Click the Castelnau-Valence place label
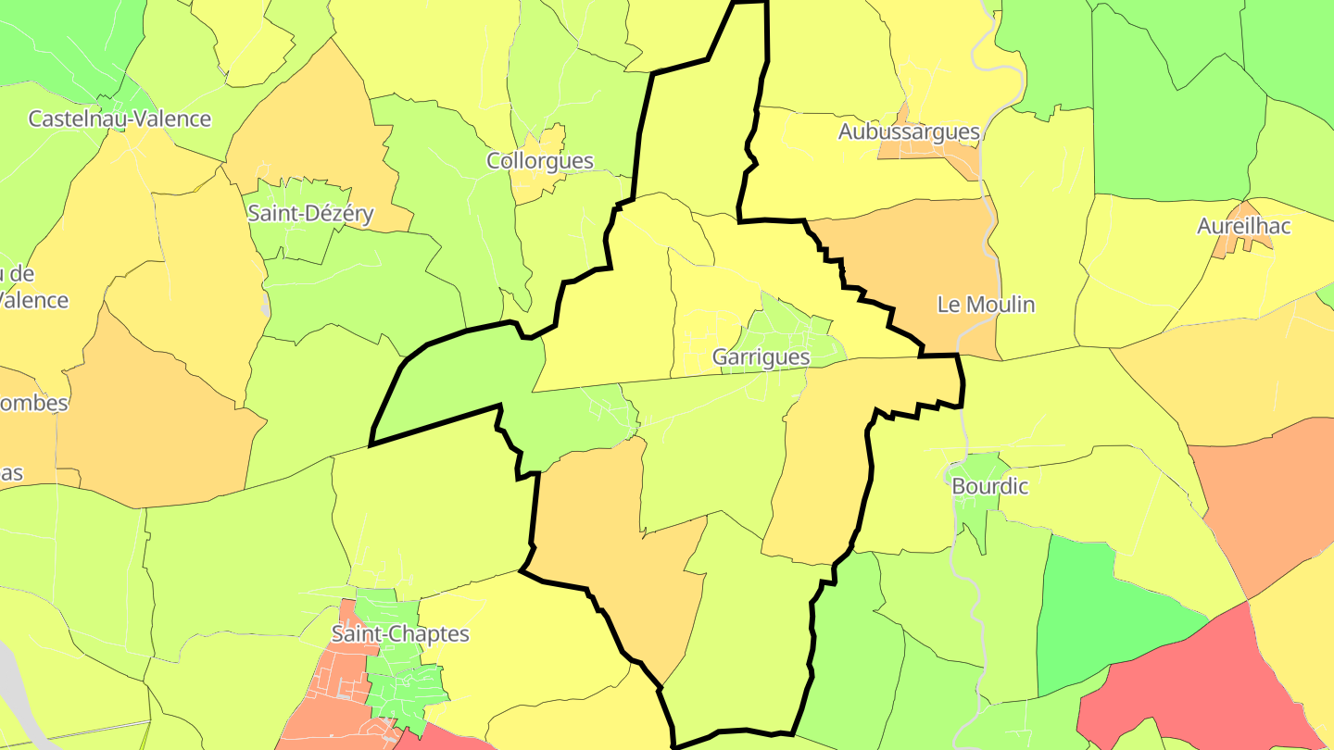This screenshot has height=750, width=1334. point(120,119)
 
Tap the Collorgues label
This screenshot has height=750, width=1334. point(540,160)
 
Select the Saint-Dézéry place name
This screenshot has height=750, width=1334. point(310,214)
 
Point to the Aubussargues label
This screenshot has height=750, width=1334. point(909,131)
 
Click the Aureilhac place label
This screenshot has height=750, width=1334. point(1243,226)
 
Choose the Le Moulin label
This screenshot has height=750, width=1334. point(986,304)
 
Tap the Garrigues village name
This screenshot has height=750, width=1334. point(761,356)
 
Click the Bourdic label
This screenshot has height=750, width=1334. point(989,485)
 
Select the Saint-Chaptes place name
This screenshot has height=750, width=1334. point(400,634)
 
